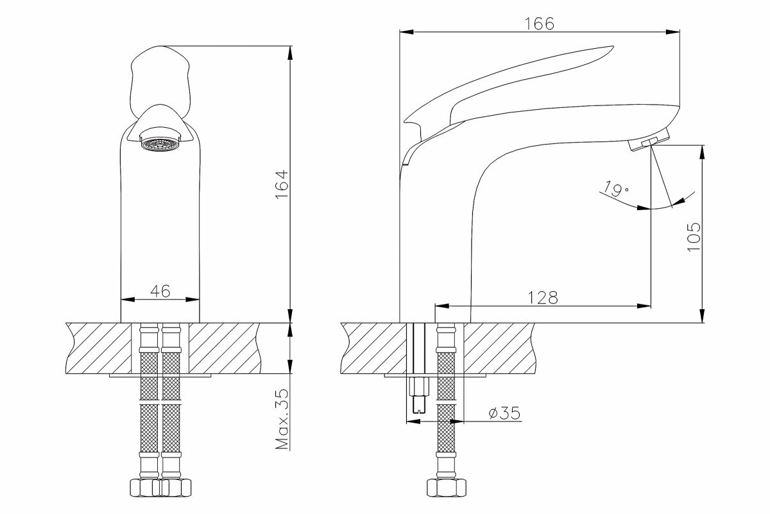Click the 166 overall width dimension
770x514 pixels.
coord(539,23)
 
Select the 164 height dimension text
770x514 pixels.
coord(280,185)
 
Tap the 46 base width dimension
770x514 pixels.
coord(160,291)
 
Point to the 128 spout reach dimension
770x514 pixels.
coord(543,297)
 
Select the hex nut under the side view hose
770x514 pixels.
coord(446,487)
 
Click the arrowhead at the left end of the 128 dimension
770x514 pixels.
coord(440,306)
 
